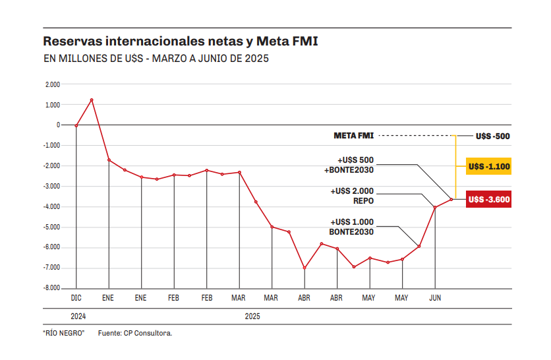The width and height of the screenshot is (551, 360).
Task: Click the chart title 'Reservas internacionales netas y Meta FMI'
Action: point(181,42)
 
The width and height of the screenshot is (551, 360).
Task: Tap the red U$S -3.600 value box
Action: point(488,199)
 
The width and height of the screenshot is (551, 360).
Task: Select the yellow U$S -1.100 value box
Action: point(488,167)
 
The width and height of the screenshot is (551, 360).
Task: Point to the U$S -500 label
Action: point(492,136)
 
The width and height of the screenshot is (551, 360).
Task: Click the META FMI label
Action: point(354,136)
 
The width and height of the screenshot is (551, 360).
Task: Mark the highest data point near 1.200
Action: point(92,100)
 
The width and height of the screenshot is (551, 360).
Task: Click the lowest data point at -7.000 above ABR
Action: point(304,268)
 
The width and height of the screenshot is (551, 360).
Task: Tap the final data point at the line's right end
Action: point(451,199)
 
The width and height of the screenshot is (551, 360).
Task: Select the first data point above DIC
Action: point(76,125)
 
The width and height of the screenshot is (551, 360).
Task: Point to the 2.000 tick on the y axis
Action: point(53,84)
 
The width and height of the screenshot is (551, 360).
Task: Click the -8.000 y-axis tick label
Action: point(51,288)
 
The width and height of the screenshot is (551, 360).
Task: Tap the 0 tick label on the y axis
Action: point(58,125)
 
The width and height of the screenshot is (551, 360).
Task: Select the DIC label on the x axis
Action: point(76,298)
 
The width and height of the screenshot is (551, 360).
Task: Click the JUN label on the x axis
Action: point(435,298)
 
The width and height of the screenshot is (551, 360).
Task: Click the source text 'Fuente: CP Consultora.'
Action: point(135,333)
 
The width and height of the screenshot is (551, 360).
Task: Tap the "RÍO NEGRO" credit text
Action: point(64,333)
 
